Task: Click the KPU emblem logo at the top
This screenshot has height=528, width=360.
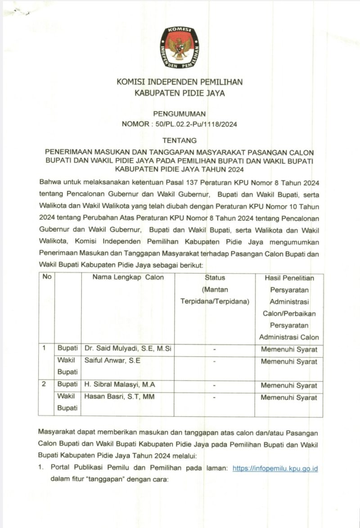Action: (x=180, y=47)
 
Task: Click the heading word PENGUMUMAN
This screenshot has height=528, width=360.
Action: (x=180, y=114)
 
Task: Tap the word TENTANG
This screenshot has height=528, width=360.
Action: (x=180, y=141)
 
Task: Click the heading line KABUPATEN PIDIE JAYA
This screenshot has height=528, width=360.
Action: (x=180, y=94)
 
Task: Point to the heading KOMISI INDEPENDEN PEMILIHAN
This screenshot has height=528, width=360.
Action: (x=180, y=82)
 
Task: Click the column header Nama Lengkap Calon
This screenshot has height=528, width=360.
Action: (x=128, y=277)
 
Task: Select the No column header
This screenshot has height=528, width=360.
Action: (x=46, y=277)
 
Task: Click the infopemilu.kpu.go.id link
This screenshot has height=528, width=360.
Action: (x=275, y=468)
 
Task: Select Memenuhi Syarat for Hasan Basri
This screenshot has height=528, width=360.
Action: (x=288, y=397)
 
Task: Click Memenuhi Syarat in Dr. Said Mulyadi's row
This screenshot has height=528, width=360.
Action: (x=288, y=349)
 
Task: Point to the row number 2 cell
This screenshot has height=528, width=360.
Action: (x=44, y=385)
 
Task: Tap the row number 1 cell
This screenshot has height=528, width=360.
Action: (x=44, y=349)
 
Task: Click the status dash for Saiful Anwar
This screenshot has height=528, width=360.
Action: (x=215, y=361)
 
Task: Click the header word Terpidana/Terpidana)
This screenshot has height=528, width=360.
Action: (x=215, y=301)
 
